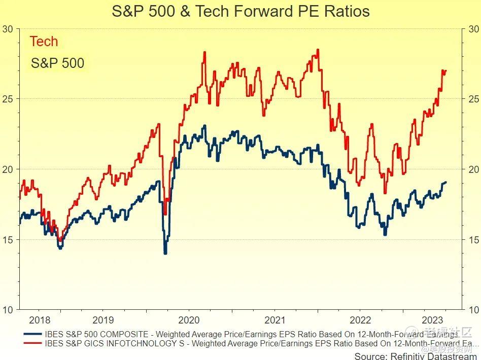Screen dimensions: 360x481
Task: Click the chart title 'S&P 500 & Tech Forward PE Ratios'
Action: click(240, 12)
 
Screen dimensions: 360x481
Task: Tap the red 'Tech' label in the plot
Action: click(44, 42)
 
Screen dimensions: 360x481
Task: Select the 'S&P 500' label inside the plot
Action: click(57, 63)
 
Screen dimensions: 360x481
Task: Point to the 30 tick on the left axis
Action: click(8, 29)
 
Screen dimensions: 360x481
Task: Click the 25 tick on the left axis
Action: click(8, 99)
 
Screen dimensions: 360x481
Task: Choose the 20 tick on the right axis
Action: click(473, 169)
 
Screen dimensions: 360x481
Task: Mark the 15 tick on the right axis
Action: click(473, 239)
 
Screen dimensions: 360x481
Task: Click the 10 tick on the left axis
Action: click(8, 309)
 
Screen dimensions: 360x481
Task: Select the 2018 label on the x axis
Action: click(40, 320)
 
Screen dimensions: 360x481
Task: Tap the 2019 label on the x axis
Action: click(103, 320)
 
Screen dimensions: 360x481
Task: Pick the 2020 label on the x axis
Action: click(189, 320)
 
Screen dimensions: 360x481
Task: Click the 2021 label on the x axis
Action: click(274, 320)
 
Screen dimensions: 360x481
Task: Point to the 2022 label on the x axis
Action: click(360, 320)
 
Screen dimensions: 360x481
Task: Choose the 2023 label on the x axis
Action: click(432, 320)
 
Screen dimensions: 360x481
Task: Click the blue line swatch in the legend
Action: click(33, 334)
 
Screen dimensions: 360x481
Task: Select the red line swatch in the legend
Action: click(33, 343)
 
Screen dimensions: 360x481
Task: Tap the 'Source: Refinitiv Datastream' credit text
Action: click(416, 355)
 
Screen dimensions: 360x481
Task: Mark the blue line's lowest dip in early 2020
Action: click(165, 253)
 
